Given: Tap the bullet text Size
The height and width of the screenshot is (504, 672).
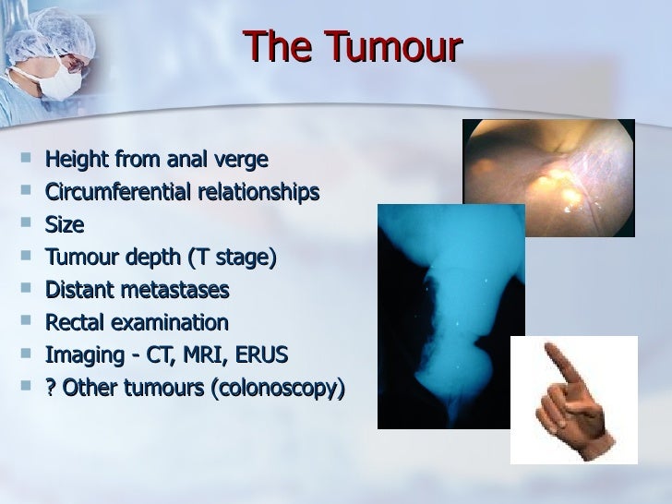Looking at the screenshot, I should (x=64, y=224).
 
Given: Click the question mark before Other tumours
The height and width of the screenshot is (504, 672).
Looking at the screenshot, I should (x=51, y=388).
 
